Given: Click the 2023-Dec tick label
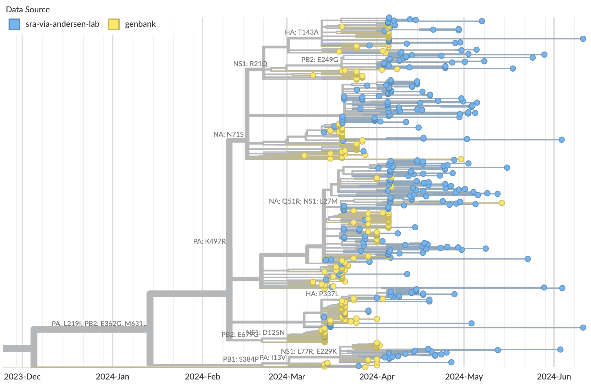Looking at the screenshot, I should [22, 376].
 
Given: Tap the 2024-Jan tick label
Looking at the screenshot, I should [112, 376].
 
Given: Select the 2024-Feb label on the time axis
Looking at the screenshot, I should [203, 376].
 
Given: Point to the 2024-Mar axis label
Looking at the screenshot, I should [287, 376].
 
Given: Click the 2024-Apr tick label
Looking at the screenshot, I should [377, 376].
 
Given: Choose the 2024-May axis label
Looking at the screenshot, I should [464, 376].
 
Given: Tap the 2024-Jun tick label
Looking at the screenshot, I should [554, 376].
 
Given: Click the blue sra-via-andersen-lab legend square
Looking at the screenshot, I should [14, 24].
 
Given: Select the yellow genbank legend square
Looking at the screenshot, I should [114, 24].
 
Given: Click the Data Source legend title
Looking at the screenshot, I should [28, 10].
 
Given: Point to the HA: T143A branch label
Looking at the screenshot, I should [302, 32].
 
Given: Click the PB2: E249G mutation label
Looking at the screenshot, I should [319, 60].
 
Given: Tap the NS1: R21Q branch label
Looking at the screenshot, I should [250, 64].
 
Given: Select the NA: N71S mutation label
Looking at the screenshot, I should [228, 134].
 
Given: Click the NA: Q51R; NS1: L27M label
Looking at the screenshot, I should [303, 201].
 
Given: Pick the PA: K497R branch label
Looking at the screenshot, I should [209, 241].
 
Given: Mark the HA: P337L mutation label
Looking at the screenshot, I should [322, 294].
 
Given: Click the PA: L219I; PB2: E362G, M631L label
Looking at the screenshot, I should [99, 324].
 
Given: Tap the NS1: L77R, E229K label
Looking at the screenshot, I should [309, 351].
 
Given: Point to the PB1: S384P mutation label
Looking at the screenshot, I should [241, 359].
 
